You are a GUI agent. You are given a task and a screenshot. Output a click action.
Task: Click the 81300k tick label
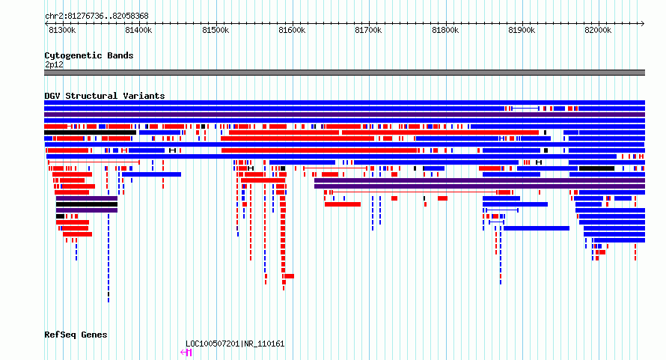pyautogui.click(x=62, y=30)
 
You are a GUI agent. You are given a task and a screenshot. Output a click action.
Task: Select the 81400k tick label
pyautogui.click(x=138, y=30)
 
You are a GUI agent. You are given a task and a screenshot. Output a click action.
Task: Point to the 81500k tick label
pyautogui.click(x=216, y=30)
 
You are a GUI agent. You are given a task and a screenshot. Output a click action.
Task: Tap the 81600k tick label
pyautogui.click(x=292, y=30)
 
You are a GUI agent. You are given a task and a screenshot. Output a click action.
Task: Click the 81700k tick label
pyautogui.click(x=368, y=30)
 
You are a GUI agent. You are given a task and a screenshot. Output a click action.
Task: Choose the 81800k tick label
pyautogui.click(x=445, y=30)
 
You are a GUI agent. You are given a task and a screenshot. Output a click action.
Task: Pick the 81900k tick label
pyautogui.click(x=522, y=30)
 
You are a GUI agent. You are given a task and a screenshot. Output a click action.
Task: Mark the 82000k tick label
pyautogui.click(x=598, y=30)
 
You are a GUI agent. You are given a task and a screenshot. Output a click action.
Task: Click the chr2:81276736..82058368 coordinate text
pyautogui.click(x=97, y=16)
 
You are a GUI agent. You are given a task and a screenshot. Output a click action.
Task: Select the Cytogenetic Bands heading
pyautogui.click(x=89, y=55)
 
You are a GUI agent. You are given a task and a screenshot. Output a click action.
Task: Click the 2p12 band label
pyautogui.click(x=54, y=64)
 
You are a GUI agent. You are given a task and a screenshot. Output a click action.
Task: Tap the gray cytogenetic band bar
pyautogui.click(x=344, y=73)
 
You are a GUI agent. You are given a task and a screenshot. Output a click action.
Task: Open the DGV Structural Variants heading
pyautogui.click(x=105, y=96)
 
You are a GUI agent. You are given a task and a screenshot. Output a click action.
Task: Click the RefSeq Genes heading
pyautogui.click(x=76, y=335)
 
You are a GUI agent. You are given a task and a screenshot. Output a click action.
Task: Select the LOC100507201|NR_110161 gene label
pyautogui.click(x=235, y=344)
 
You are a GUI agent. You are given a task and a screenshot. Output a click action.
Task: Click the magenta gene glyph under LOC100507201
pyautogui.click(x=186, y=353)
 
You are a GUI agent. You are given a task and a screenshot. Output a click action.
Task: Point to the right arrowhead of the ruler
pyautogui.click(x=643, y=23)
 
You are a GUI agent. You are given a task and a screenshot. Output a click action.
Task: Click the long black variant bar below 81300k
pyautogui.click(x=90, y=132)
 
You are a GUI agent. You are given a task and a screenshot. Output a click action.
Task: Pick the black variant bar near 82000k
pyautogui.click(x=596, y=168)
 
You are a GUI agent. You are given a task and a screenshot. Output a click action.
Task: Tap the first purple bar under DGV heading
pyautogui.click(x=344, y=115)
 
